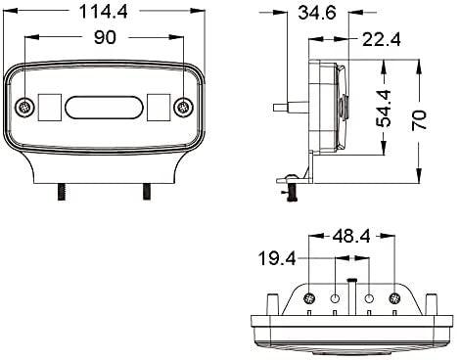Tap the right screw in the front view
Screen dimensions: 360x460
pos(179,106)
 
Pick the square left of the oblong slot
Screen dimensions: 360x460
pos(48,106)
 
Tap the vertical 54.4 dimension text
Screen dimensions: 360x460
pos(385,108)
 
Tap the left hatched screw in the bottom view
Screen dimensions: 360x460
pos(309,296)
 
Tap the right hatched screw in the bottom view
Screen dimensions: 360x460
pos(395,296)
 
